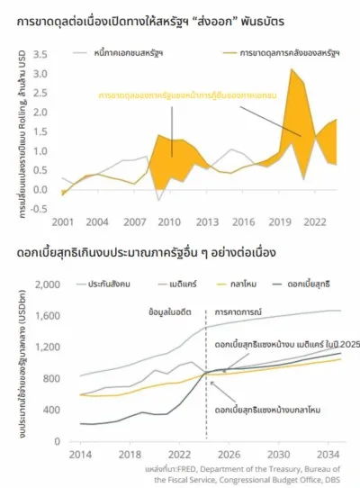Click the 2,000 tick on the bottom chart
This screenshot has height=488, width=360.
click(x=46, y=285)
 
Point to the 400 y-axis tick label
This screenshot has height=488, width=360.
click(x=49, y=408)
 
